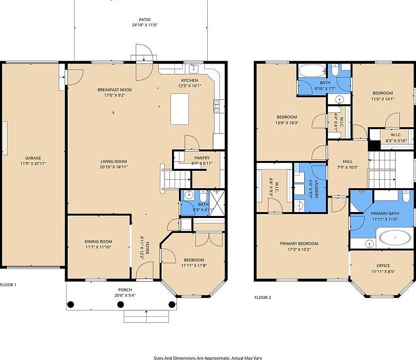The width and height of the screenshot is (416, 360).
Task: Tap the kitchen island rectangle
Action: tap(180, 109)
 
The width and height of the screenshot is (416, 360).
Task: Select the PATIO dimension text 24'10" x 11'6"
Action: tap(141, 25)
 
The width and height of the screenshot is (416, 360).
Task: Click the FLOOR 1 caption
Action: tap(8, 285)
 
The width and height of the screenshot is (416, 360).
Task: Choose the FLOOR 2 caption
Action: tap(263, 297)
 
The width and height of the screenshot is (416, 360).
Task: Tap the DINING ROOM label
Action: tap(98, 242)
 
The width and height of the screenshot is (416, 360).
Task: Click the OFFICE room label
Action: tap(383, 266)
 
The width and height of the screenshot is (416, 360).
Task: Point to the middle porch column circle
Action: tap(121, 304)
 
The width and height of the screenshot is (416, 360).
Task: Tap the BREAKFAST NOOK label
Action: tap(115, 90)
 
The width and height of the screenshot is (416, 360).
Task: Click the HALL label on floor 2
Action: tap(347, 161)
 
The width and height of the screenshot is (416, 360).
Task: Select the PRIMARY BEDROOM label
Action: tap(299, 243)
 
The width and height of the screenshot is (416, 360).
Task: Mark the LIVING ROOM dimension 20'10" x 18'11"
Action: tap(114, 167)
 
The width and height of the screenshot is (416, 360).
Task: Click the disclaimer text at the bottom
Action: tap(208, 357)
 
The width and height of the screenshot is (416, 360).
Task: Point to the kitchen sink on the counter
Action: tap(193, 69)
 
